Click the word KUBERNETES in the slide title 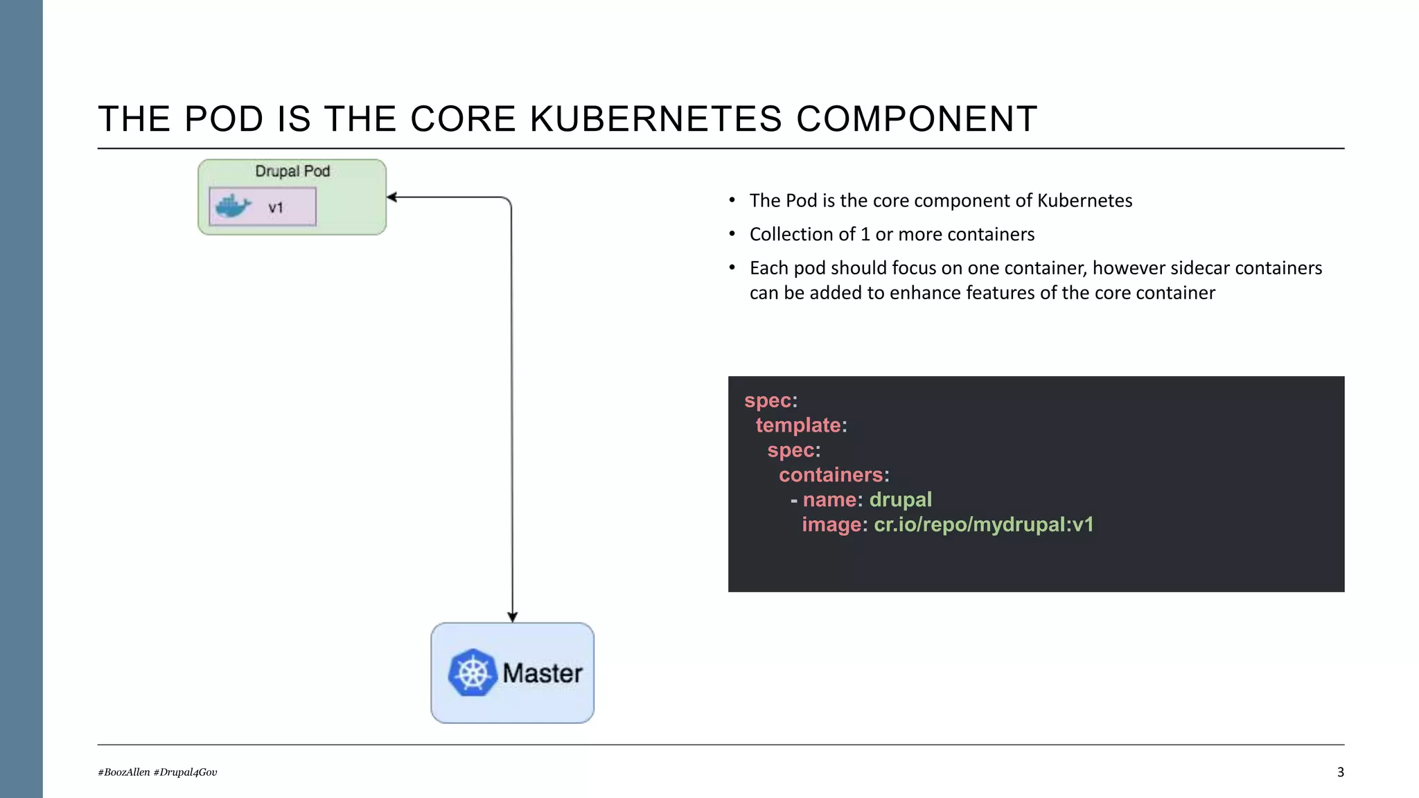pyautogui.click(x=655, y=119)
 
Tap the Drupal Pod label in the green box pyautogui.click(x=292, y=171)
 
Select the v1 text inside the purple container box pyautogui.click(x=276, y=207)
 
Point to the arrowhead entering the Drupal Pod pyautogui.click(x=391, y=197)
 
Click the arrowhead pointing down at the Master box pyautogui.click(x=513, y=617)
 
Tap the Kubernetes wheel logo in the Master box pyautogui.click(x=473, y=673)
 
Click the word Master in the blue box pyautogui.click(x=543, y=673)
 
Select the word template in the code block pyautogui.click(x=798, y=425)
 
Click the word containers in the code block pyautogui.click(x=831, y=475)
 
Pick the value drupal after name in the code pyautogui.click(x=900, y=499)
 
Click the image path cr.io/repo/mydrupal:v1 pyautogui.click(x=983, y=524)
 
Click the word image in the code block pyautogui.click(x=831, y=524)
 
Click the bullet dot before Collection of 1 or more pyautogui.click(x=732, y=234)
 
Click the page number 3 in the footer pyautogui.click(x=1340, y=772)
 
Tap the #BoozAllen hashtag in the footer pyautogui.click(x=124, y=772)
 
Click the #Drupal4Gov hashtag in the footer pyautogui.click(x=186, y=772)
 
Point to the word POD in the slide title pyautogui.click(x=224, y=119)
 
